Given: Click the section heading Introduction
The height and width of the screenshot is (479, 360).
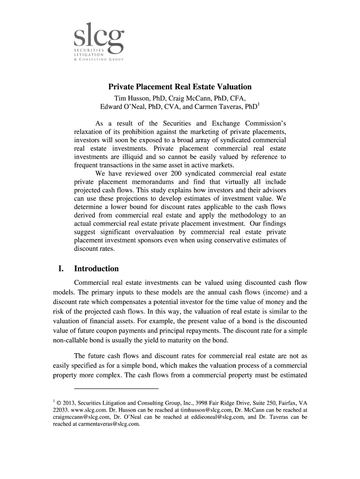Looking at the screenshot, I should tap(96, 269).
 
